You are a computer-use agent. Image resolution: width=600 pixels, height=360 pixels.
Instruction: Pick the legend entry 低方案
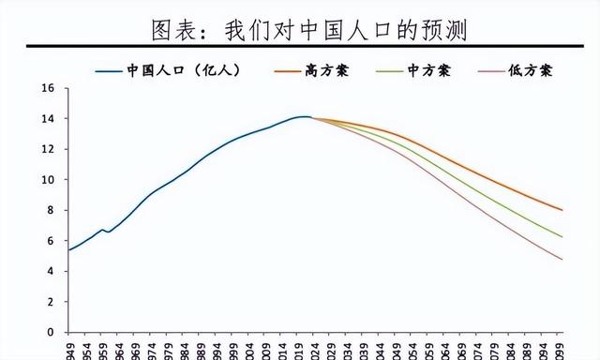tap(530, 70)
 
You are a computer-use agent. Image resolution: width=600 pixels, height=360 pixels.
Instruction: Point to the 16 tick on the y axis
tap(49, 88)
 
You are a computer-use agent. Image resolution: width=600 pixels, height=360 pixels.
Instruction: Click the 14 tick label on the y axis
tap(49, 119)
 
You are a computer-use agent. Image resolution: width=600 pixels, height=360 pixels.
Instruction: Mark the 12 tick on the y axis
tap(49, 149)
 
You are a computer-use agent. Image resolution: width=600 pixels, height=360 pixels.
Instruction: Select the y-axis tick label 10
tap(49, 180)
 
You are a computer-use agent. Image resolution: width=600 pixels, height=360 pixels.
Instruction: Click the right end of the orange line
tap(562, 210)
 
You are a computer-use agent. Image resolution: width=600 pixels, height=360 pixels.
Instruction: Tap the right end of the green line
tap(562, 237)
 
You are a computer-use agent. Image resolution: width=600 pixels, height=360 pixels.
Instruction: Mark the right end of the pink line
tap(562, 260)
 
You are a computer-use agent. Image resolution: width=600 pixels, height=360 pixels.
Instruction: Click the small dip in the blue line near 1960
tap(109, 232)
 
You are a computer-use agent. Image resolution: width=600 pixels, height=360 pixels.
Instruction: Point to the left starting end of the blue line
tap(68, 249)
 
